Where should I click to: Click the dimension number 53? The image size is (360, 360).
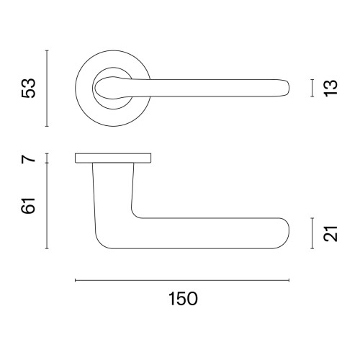coord(28,88)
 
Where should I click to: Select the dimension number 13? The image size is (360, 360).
coord(330,88)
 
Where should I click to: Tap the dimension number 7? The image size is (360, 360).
coord(28,159)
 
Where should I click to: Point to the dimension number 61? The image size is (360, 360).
coord(28,206)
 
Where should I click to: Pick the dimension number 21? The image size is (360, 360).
coord(330,233)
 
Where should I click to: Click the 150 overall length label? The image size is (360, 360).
coord(183,299)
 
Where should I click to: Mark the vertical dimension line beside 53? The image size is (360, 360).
coord(47,89)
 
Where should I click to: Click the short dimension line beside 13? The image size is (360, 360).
coord(312,88)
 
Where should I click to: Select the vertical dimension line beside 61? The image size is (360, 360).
coord(47,206)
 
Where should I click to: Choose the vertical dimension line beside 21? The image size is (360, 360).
coord(312,233)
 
